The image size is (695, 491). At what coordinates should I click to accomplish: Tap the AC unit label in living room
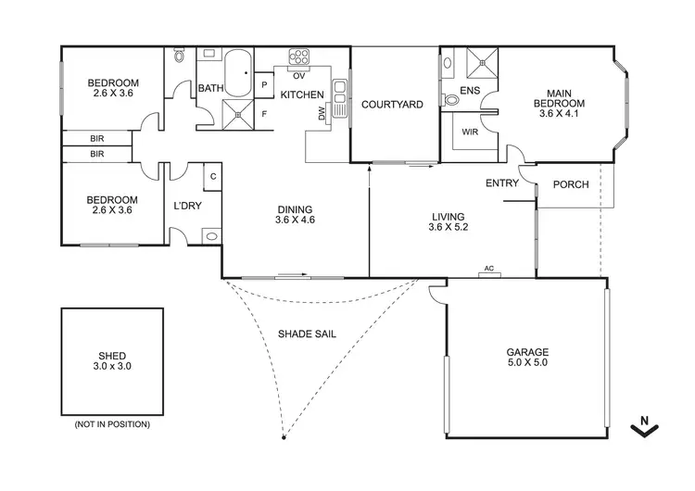488,269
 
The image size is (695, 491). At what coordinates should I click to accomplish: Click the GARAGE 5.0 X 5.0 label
527,358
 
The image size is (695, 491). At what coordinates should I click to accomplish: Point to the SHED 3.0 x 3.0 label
112,361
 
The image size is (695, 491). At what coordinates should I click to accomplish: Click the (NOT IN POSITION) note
112,424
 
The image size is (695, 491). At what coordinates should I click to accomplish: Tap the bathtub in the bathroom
239,74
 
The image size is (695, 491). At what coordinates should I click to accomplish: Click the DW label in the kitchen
322,114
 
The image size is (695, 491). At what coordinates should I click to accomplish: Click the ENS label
469,91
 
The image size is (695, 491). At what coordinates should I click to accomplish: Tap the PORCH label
571,184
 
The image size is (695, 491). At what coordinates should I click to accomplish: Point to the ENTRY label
502,183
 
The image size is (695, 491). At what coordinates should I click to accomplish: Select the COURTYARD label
392,105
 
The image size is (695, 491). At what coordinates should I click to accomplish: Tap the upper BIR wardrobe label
97,138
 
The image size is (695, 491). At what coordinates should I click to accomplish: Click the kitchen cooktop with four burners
299,57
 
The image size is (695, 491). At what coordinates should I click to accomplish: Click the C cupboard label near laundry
213,175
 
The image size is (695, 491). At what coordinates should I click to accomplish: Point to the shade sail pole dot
284,435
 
